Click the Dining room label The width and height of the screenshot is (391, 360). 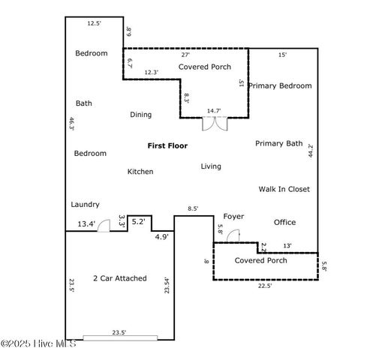(140, 115)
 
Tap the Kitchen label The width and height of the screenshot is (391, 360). (140, 172)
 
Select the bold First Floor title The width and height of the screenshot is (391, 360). (167, 145)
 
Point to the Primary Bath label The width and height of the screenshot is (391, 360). (278, 143)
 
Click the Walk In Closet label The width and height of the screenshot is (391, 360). (284, 190)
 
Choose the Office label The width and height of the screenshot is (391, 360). (284, 222)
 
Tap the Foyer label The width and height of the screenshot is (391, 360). (233, 217)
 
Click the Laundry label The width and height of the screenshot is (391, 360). (85, 204)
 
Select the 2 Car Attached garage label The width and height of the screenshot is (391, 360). (119, 278)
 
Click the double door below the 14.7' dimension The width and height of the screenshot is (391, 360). (215, 123)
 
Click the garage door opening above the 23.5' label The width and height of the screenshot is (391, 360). (120, 338)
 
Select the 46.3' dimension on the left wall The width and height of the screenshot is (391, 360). (72, 124)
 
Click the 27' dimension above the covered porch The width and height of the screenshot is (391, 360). (185, 55)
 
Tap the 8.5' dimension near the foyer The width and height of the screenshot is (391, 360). (193, 209)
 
